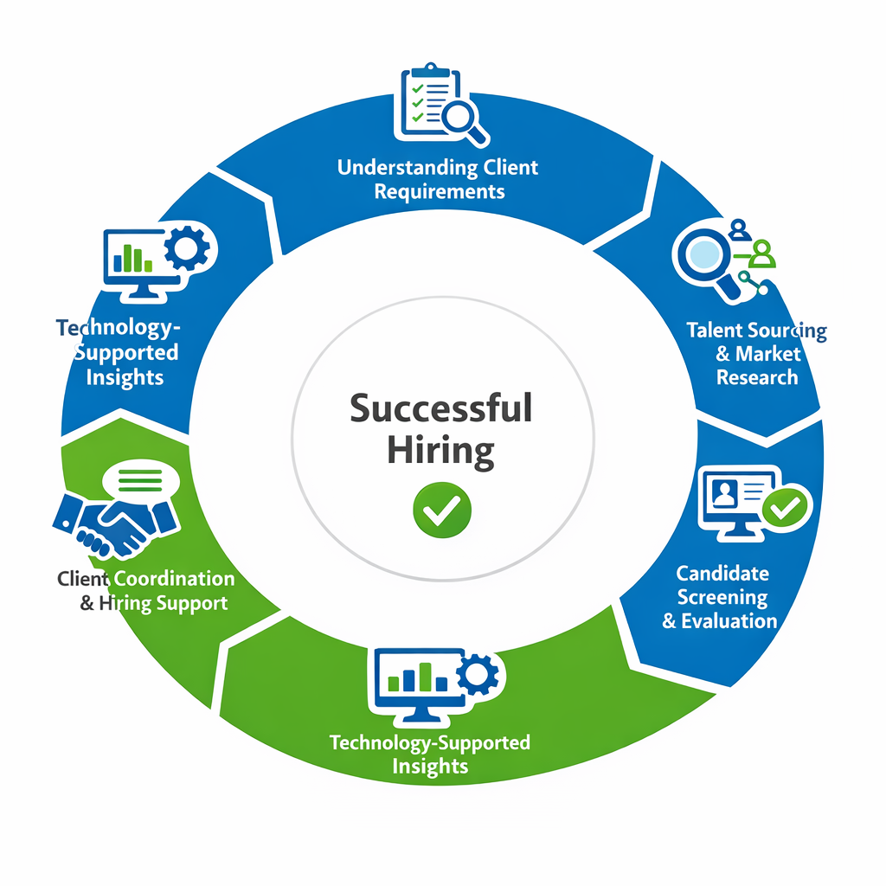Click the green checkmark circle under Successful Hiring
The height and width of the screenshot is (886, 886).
[442, 507]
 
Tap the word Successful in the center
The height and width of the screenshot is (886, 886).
[441, 408]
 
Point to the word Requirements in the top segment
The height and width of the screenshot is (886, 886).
[439, 190]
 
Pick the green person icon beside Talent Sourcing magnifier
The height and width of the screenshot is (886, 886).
[762, 254]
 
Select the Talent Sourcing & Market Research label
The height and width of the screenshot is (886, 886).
[756, 354]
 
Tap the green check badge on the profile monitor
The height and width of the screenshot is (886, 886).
[786, 507]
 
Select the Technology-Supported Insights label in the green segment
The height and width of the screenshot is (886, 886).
[430, 754]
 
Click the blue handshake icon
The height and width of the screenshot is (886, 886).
[115, 522]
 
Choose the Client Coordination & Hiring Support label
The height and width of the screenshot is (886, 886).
[146, 591]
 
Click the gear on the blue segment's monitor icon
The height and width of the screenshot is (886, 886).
[186, 249]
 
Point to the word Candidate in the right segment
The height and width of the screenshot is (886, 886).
[722, 573]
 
